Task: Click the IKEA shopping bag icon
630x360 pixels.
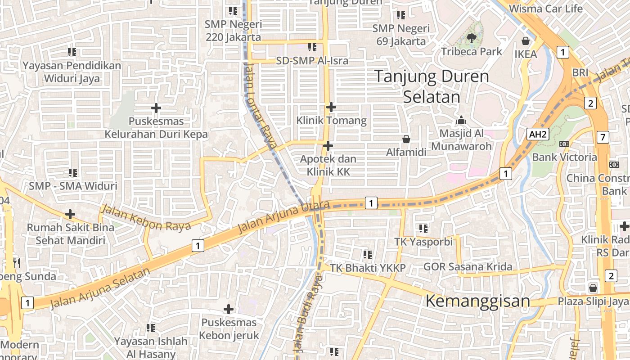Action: (525, 41)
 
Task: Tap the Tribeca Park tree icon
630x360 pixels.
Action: (471, 38)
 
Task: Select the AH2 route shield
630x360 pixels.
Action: (538, 134)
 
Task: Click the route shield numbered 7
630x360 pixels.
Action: (603, 137)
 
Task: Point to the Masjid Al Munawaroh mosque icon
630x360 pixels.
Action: (461, 120)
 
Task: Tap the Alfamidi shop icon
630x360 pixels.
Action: (406, 139)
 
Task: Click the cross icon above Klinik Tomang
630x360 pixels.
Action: (331, 107)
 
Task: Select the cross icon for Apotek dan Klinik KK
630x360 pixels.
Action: (328, 146)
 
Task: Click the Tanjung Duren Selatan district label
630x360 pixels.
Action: (431, 86)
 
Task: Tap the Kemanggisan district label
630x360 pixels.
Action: (477, 301)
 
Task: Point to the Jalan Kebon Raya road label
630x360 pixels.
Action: (146, 218)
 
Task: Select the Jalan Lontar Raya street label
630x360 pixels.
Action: (260, 106)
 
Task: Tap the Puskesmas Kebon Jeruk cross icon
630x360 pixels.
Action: (229, 309)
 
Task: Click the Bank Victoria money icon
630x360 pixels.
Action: (564, 144)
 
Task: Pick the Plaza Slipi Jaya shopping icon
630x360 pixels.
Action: (593, 288)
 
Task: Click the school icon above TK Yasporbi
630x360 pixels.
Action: (423, 228)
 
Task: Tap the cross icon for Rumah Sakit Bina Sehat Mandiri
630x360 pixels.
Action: (70, 214)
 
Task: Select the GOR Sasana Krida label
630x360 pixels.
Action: (468, 267)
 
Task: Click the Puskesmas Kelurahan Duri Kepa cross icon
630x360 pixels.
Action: (156, 108)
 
